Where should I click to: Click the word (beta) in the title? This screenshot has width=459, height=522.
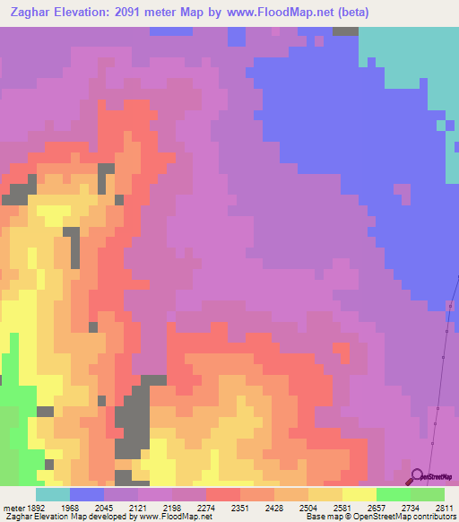tap(348, 13)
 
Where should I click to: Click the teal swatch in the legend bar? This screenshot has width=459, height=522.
tap(52, 494)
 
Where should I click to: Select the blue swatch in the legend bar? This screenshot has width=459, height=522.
tap(86, 494)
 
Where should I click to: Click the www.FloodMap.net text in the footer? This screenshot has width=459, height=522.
tap(176, 517)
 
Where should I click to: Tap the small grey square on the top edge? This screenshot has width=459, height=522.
tap(345, 30)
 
